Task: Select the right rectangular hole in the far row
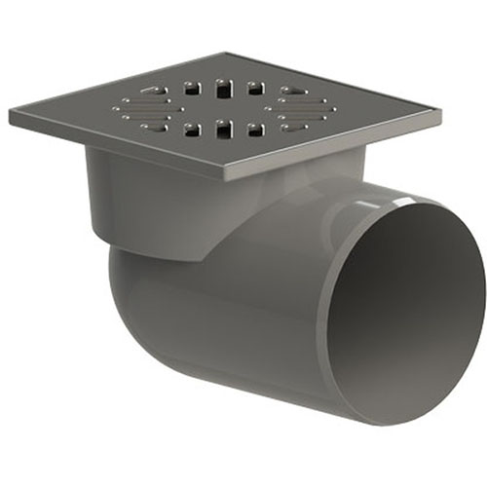point(255,88)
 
